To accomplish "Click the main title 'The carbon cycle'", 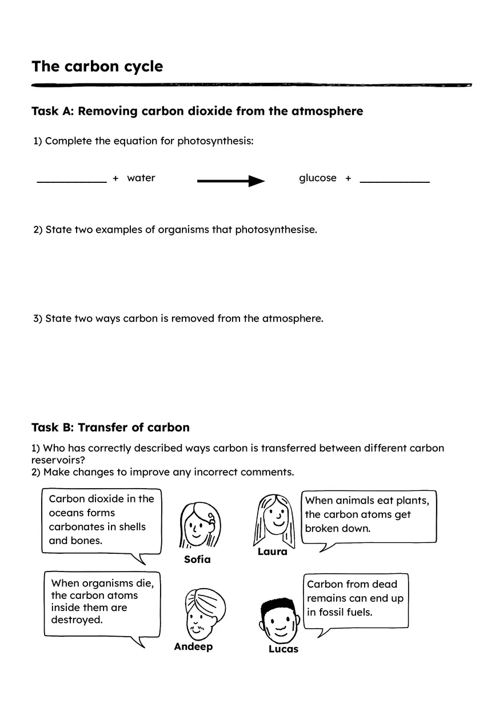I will [x=97, y=66].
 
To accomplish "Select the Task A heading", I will [x=197, y=111].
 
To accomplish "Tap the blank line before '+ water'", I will [x=71, y=181].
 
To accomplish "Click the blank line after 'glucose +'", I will [x=394, y=181].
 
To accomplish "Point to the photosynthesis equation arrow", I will [x=231, y=181].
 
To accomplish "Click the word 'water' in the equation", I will [x=141, y=178].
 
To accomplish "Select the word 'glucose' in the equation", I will [x=318, y=178].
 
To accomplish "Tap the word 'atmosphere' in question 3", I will [x=292, y=318].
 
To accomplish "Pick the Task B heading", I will [x=110, y=428].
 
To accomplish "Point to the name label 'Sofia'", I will [x=197, y=560].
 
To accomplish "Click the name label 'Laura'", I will [x=272, y=552].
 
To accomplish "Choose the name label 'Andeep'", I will [x=193, y=647].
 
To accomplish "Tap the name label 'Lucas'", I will [x=284, y=649].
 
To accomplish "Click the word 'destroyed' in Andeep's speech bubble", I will [x=77, y=620].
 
